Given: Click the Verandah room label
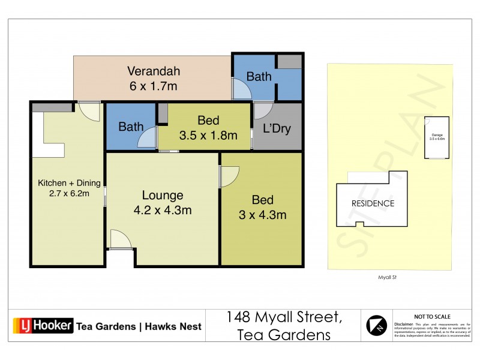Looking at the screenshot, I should pyautogui.click(x=154, y=71).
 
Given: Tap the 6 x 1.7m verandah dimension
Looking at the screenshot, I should pyautogui.click(x=154, y=86).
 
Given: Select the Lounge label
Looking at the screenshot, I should pyautogui.click(x=162, y=195).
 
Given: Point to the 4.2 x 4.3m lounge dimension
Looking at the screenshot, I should pyautogui.click(x=162, y=210).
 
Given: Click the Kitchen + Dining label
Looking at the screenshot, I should pyautogui.click(x=69, y=182).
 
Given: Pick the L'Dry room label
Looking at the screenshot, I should pyautogui.click(x=277, y=128).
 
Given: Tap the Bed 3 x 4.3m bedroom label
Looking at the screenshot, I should pyautogui.click(x=263, y=200).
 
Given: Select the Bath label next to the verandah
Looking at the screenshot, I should pyautogui.click(x=259, y=77).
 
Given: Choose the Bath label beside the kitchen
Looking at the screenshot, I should pyautogui.click(x=131, y=127).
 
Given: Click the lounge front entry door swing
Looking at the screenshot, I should pyautogui.click(x=121, y=239).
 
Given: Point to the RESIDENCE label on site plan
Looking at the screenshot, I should pyautogui.click(x=373, y=203).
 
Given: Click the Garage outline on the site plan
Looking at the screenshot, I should pyautogui.click(x=437, y=137).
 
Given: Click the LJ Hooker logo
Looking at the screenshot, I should pyautogui.click(x=43, y=326).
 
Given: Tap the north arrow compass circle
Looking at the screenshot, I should pyautogui.click(x=377, y=326).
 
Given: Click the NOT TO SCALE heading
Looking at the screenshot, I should pyautogui.click(x=432, y=316).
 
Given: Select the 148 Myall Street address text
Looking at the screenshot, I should pyautogui.click(x=284, y=317).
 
